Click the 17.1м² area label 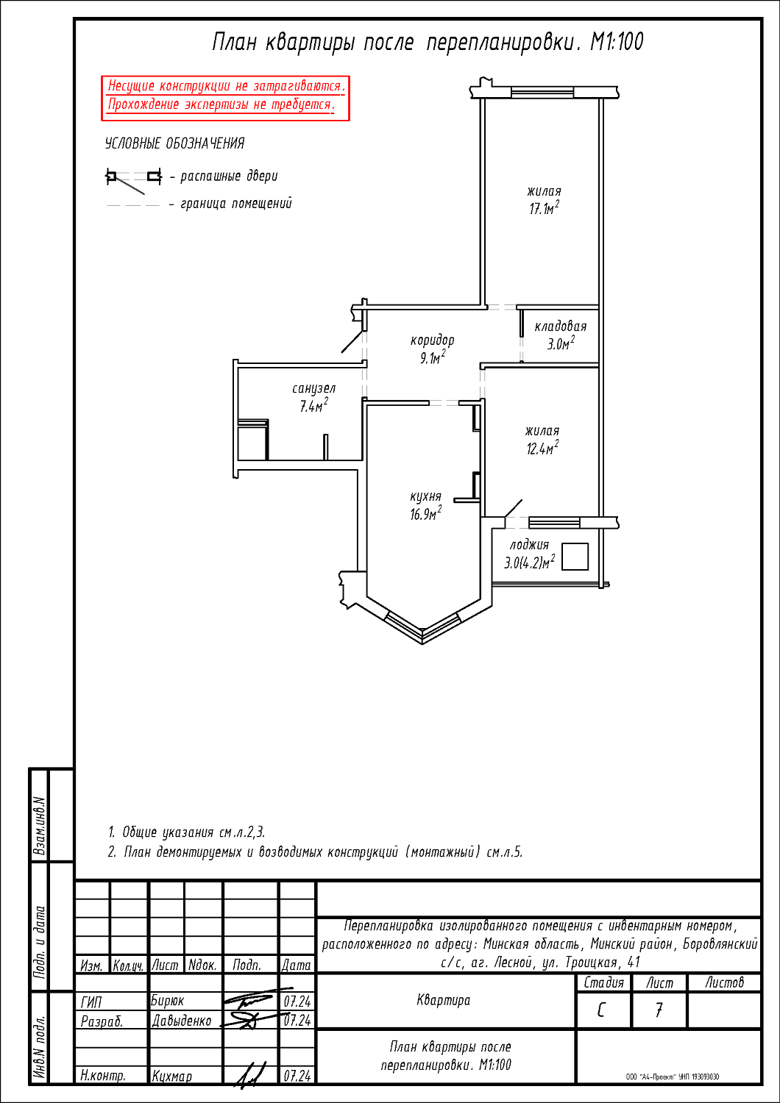(x=545, y=208)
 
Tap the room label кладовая (x=561, y=326)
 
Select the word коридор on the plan (x=432, y=340)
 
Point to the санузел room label (x=314, y=388)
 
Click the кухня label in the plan (x=426, y=496)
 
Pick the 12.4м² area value (x=542, y=448)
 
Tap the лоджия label (x=529, y=545)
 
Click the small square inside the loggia (x=575, y=557)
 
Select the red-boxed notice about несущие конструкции (x=225, y=98)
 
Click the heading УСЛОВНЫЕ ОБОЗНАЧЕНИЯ (x=175, y=143)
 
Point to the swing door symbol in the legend (x=133, y=180)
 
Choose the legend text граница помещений (x=236, y=204)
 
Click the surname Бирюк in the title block (x=168, y=1001)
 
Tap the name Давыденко (x=181, y=1021)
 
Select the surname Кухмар (x=171, y=1077)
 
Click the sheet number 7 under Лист (x=659, y=1010)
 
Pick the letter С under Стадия (x=600, y=1010)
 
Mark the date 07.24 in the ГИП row (x=297, y=1001)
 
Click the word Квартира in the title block (x=444, y=1000)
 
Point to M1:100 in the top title (x=617, y=42)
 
